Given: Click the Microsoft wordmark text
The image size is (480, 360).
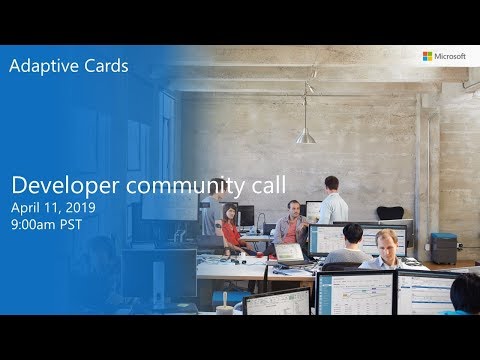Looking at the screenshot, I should (x=450, y=57).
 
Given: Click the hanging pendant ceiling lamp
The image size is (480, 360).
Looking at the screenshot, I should (x=305, y=134).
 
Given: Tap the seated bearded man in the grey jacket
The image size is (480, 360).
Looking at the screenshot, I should (x=291, y=225).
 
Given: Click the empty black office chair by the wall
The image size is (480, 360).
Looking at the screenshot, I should (x=390, y=214).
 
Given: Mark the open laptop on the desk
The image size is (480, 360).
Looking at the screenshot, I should (x=289, y=253).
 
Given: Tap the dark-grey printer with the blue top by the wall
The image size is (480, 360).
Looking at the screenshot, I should (x=443, y=246).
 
